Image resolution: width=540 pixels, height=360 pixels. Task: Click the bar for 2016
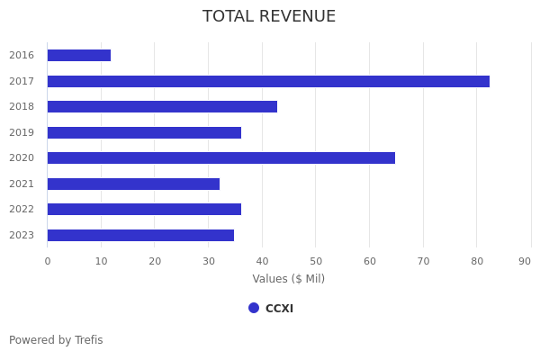(x=79, y=56)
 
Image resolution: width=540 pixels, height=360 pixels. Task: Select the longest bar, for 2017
(x=268, y=81)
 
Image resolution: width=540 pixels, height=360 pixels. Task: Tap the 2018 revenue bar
(x=162, y=107)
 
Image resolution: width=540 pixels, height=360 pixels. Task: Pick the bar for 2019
(x=144, y=132)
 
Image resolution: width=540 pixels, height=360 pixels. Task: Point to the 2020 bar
(x=221, y=158)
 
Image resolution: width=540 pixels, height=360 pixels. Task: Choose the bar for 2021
(x=133, y=184)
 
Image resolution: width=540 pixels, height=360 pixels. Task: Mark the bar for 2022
(x=144, y=210)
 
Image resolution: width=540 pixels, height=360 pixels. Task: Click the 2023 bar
(x=140, y=235)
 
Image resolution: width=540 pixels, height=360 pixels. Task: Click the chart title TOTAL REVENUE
(x=269, y=17)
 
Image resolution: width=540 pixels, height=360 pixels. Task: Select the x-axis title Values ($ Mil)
(x=288, y=279)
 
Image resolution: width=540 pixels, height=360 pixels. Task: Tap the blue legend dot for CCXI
(x=254, y=308)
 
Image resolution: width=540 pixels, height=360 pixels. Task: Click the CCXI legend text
(x=279, y=309)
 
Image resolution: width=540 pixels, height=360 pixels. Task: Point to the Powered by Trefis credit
(x=56, y=340)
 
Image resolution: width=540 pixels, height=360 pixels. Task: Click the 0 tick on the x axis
(x=48, y=261)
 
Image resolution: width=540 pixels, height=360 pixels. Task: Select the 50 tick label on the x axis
(x=316, y=261)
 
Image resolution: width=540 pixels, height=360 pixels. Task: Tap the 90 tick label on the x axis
(x=525, y=261)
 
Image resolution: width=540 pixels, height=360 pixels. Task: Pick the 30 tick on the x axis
(x=209, y=261)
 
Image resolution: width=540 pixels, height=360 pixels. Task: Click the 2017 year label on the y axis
(x=22, y=81)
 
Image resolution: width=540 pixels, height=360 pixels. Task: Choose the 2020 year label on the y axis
(x=22, y=158)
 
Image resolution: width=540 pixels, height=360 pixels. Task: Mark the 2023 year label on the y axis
(x=22, y=236)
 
